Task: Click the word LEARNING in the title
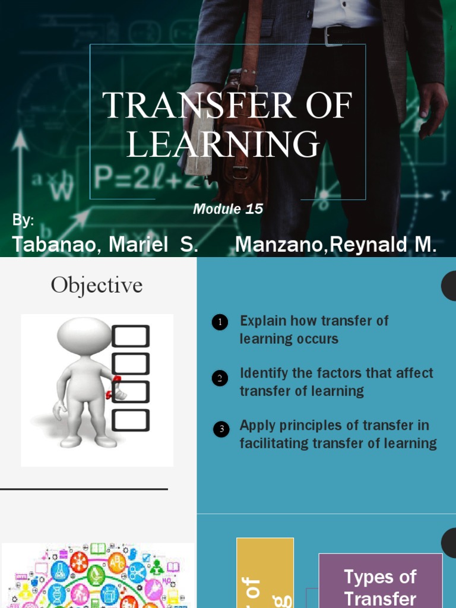coord(223,144)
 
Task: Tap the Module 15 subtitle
coord(228,209)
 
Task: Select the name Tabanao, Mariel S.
coord(105,245)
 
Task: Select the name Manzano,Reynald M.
coord(336,245)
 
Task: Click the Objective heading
coord(97,286)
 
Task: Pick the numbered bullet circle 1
coord(220,323)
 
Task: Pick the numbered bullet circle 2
coord(220,378)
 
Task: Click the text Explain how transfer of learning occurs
coord(313,330)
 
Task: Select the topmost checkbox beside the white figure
coord(131,337)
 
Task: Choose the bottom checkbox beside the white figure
coord(131,420)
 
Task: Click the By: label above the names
coord(23,220)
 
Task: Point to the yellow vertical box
coord(265,573)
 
